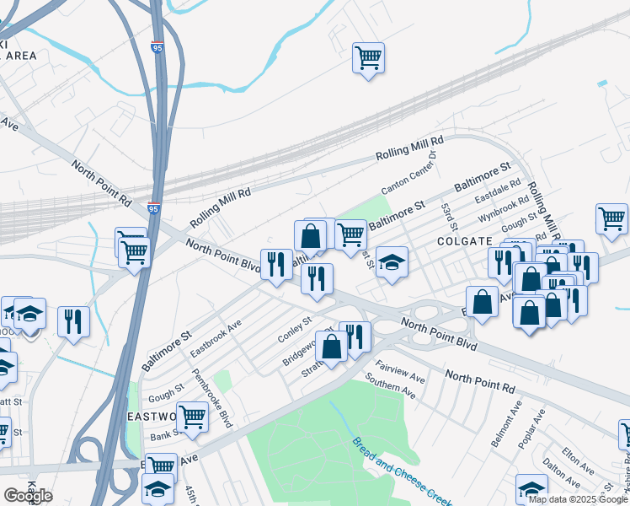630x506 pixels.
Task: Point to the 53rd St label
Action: pos(451,217)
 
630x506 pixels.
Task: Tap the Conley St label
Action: pos(296,331)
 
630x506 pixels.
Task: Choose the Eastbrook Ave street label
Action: pos(216,336)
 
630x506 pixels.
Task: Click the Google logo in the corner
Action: pos(28,495)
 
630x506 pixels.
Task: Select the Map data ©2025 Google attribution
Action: pos(578,499)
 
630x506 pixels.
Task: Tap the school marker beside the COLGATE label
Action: pos(392,261)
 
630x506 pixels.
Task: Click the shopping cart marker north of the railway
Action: pos(368,58)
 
